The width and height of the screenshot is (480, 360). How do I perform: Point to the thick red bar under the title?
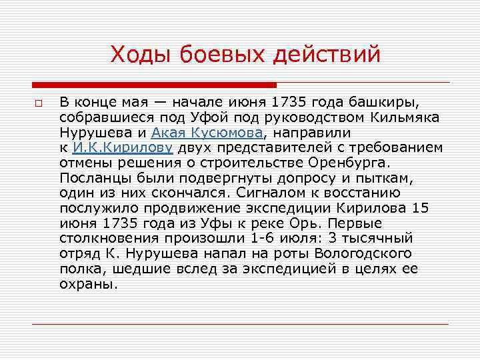(x=154, y=85)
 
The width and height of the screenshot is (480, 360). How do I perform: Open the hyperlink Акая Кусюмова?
(x=207, y=133)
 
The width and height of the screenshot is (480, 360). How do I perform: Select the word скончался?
(x=197, y=193)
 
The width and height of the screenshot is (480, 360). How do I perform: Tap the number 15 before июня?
(x=420, y=208)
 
